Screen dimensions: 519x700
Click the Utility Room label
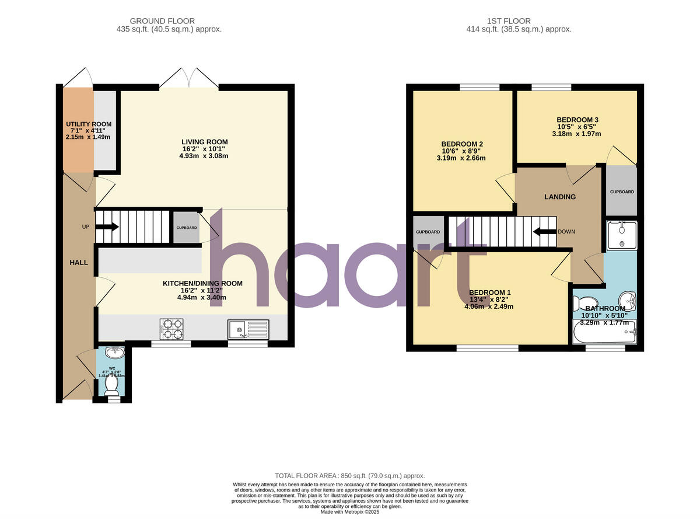[x=88, y=124]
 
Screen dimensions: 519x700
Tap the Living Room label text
[x=204, y=142]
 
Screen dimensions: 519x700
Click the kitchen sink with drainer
[x=249, y=329]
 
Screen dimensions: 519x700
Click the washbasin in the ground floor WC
[x=113, y=352]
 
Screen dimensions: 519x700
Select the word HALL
[x=79, y=263]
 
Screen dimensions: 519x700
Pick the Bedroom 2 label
[x=461, y=144]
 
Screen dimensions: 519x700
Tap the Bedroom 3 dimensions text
[x=577, y=134]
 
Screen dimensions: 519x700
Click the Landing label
[x=560, y=197]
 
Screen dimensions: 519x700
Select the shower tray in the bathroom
[x=621, y=236]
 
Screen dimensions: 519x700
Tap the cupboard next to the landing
[x=621, y=191]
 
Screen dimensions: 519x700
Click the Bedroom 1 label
[x=490, y=292]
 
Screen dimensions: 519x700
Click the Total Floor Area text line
[x=350, y=476]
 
